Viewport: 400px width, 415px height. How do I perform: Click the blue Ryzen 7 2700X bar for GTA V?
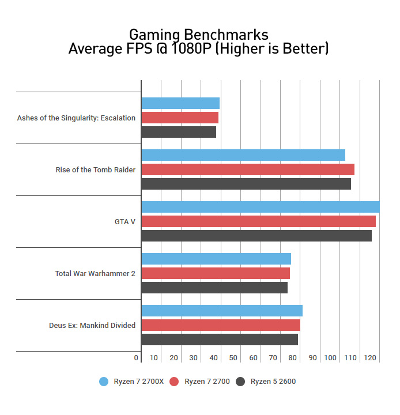[x=260, y=207]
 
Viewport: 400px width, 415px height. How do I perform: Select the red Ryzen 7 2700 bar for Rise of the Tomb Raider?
[x=248, y=169]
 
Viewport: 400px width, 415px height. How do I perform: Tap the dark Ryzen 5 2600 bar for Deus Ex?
[x=220, y=339]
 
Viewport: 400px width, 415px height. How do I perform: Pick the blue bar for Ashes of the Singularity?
[x=180, y=103]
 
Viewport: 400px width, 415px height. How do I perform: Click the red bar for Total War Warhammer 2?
[x=216, y=273]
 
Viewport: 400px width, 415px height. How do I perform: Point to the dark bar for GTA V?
[x=256, y=236]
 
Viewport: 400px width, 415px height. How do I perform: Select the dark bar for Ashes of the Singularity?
[x=179, y=132]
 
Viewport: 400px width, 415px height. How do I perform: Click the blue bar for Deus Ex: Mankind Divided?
[x=222, y=311]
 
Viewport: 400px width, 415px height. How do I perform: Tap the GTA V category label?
[x=125, y=221]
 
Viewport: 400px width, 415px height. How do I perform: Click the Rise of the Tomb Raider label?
[x=96, y=169]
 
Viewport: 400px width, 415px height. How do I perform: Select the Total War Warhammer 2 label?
[x=95, y=273]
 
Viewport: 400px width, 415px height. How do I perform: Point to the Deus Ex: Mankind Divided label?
[x=92, y=325]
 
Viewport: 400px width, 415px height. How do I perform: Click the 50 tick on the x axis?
[x=233, y=358]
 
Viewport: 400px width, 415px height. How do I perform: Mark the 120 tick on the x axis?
[x=370, y=358]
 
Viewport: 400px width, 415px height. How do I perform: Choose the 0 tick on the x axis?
[x=137, y=358]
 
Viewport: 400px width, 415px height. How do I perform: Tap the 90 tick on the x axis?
[x=312, y=358]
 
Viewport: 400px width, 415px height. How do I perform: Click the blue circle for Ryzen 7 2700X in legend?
[x=104, y=382]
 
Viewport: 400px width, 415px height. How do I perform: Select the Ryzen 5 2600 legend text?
[x=273, y=382]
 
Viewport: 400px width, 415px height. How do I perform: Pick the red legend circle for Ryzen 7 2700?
[x=173, y=382]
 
